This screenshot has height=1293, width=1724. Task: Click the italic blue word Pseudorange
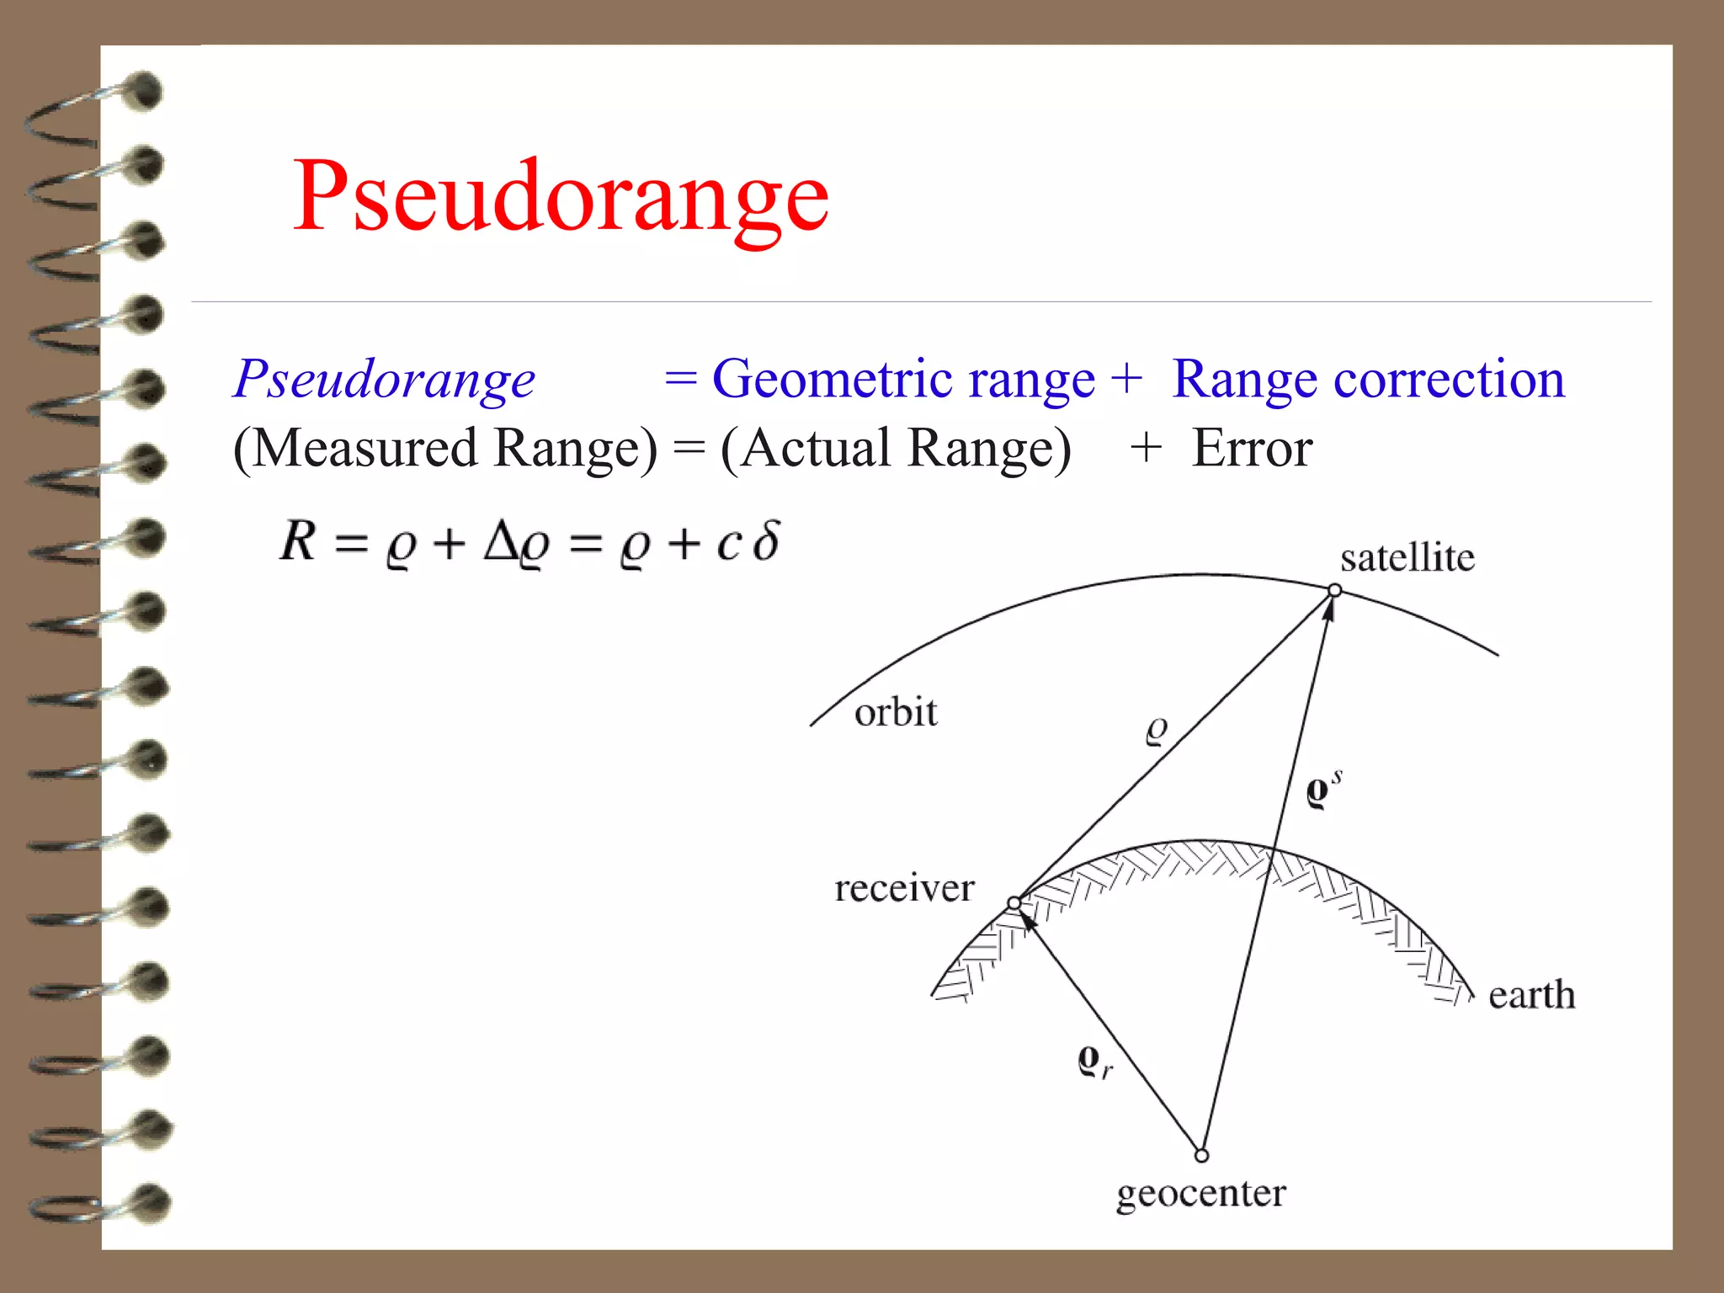[384, 379]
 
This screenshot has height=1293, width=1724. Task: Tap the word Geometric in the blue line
[902, 379]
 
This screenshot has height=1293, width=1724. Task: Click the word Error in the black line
[1252, 448]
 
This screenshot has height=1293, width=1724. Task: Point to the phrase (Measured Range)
[444, 448]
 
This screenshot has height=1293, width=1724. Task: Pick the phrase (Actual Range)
[896, 448]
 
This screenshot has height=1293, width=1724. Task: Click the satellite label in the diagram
[1407, 557]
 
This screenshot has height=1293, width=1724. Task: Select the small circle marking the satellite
[1334, 590]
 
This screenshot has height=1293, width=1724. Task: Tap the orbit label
[895, 712]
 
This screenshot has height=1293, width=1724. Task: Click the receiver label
[904, 888]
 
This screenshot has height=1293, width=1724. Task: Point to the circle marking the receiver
[1014, 903]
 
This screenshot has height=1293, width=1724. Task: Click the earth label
[1530, 995]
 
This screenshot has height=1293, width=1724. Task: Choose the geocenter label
[1200, 1194]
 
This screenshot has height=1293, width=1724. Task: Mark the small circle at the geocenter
[1201, 1156]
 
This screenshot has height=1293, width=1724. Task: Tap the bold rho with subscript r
[1093, 1061]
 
